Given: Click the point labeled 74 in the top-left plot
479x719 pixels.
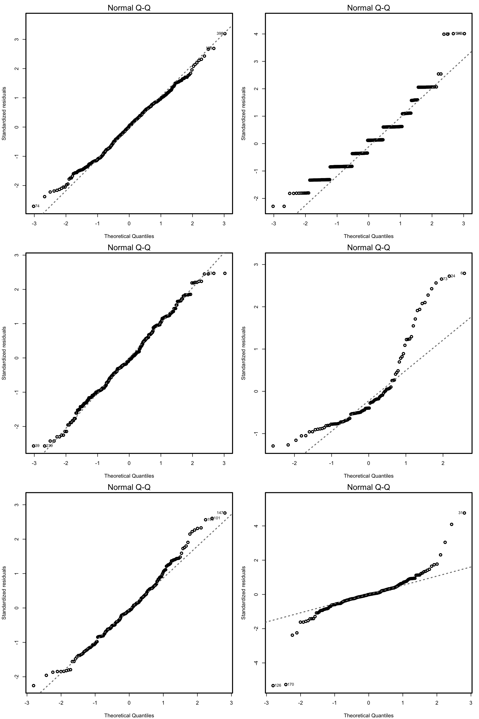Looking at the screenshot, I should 34,206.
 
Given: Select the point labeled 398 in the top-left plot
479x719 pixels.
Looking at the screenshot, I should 225,34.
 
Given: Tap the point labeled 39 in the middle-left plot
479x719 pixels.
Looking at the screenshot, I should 34,446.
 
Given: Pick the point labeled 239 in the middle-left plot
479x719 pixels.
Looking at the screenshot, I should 45,446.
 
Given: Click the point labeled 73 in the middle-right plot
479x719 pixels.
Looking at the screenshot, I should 441,279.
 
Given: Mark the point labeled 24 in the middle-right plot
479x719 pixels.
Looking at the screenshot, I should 449,276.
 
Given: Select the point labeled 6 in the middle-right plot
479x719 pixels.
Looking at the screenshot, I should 464,273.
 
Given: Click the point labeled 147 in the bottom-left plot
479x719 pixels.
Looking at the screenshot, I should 225,513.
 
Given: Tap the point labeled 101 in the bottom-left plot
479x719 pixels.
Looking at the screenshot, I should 212,518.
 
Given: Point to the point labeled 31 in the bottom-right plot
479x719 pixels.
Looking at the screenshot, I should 464,513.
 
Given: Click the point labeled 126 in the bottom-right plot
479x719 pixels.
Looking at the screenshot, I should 273,686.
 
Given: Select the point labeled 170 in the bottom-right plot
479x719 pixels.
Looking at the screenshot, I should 286,684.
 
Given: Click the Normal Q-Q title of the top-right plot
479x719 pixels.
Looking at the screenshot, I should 368,8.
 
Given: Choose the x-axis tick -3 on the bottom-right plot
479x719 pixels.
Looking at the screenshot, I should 266,703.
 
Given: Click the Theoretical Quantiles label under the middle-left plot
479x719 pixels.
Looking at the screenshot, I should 129,476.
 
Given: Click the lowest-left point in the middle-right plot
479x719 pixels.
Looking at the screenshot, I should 273,446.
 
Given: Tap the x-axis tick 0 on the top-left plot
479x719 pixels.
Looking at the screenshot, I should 129,223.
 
